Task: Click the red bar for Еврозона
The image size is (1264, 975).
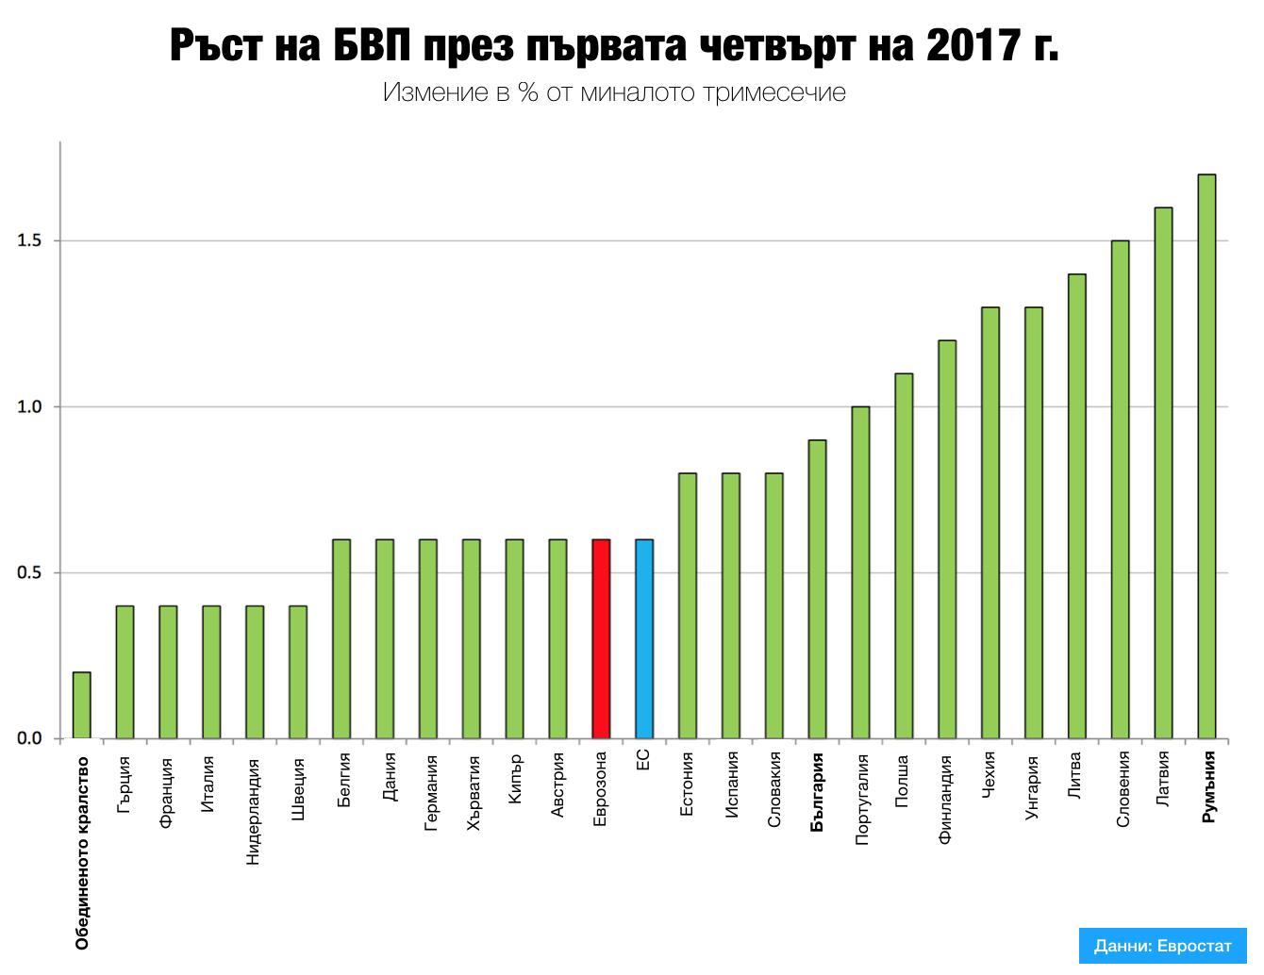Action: [x=601, y=638]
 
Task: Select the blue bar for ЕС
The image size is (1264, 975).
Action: [x=644, y=638]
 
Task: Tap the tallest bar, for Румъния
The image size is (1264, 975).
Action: [x=1206, y=455]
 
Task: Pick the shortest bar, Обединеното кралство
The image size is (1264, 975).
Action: [x=82, y=704]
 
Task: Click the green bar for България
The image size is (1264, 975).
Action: [x=818, y=588]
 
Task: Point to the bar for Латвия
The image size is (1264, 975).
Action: [x=1163, y=472]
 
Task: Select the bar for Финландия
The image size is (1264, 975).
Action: [x=947, y=538]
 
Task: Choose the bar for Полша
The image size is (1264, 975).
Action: [x=904, y=555]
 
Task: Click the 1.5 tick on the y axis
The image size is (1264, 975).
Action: [x=31, y=240]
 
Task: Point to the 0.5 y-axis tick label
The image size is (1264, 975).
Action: [x=31, y=572]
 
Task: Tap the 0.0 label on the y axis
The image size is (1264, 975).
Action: [x=31, y=738]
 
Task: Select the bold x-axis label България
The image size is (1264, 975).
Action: [x=817, y=791]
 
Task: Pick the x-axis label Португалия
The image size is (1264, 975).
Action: [x=860, y=798]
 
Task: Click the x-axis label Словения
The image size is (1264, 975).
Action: [x=1121, y=789]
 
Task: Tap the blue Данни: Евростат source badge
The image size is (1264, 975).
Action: [x=1163, y=945]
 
